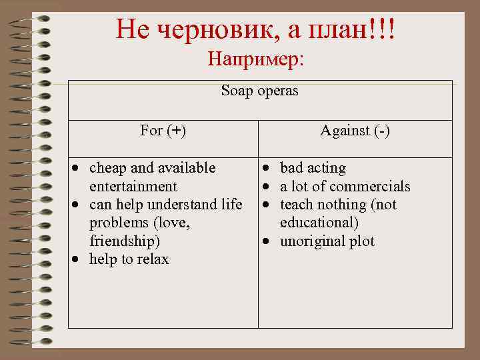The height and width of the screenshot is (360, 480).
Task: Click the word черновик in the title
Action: (x=205, y=29)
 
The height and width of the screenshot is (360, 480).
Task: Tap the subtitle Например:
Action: (x=255, y=59)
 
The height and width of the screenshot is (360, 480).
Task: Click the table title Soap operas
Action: (x=259, y=91)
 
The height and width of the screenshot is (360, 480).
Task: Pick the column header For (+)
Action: (x=163, y=131)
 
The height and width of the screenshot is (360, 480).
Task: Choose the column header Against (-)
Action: (x=355, y=131)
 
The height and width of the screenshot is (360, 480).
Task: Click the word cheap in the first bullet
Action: (x=106, y=167)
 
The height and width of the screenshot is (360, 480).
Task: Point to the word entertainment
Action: (x=133, y=186)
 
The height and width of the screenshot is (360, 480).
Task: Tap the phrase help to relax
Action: (x=129, y=259)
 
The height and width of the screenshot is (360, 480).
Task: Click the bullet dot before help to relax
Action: (x=78, y=260)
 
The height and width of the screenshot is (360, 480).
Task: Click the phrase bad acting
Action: (x=313, y=167)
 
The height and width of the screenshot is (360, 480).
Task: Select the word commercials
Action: (x=370, y=186)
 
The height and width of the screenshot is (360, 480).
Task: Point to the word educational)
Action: (x=319, y=223)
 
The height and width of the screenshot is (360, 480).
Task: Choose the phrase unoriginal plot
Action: (x=327, y=241)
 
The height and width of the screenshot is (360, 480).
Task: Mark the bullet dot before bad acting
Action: (x=267, y=168)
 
